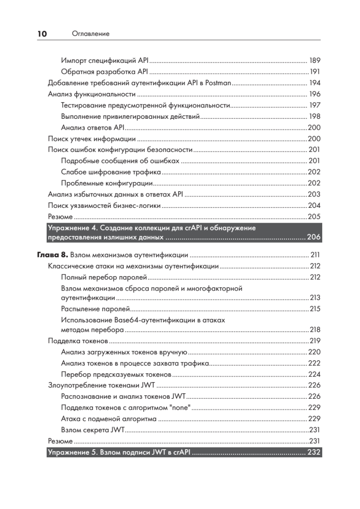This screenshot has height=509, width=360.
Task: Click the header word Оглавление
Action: click(x=91, y=34)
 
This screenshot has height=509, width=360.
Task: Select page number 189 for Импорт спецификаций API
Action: click(x=315, y=60)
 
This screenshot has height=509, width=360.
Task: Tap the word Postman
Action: click(x=218, y=83)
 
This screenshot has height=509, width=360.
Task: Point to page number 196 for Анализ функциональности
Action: click(x=315, y=94)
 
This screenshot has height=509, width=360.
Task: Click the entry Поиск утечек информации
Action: click(x=92, y=139)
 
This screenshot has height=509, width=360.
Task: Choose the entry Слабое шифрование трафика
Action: click(x=111, y=172)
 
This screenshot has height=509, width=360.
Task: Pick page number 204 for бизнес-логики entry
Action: click(x=314, y=206)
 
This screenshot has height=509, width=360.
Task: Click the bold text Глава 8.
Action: click(x=50, y=255)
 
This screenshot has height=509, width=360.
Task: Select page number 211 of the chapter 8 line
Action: click(x=315, y=255)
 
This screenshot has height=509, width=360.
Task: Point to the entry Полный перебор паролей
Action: click(x=104, y=278)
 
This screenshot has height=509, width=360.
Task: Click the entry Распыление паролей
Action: click(x=96, y=309)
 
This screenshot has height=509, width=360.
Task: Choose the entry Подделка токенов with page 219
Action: click(x=78, y=341)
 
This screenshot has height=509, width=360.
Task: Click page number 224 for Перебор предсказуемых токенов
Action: click(x=314, y=375)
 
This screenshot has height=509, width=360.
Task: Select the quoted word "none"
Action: click(x=179, y=408)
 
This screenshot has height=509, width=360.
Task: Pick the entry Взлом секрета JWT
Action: click(x=92, y=430)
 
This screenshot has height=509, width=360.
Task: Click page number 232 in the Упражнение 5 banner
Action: click(x=313, y=452)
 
